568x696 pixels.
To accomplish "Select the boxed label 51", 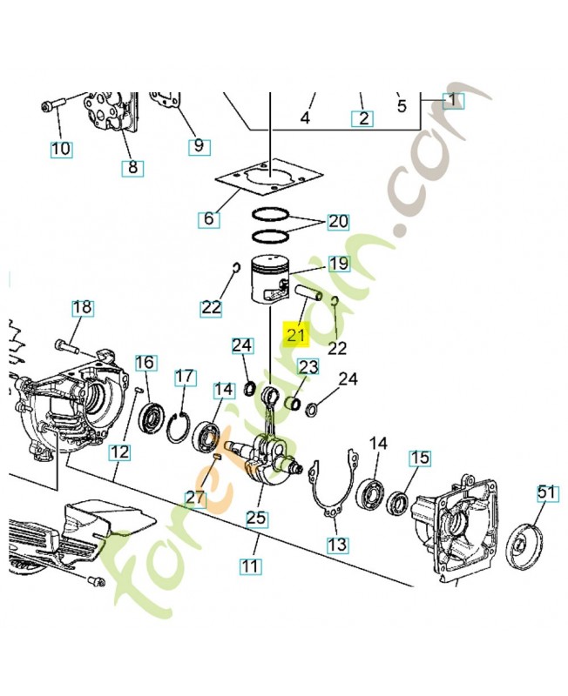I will pyautogui.click(x=545, y=493).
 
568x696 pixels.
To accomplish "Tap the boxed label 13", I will pyautogui.click(x=337, y=545).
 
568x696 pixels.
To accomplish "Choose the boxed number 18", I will pyautogui.click(x=82, y=308).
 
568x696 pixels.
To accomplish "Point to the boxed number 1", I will pyautogui.click(x=453, y=100).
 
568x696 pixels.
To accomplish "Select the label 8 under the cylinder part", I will pyautogui.click(x=132, y=167).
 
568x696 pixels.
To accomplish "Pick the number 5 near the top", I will pyautogui.click(x=402, y=107).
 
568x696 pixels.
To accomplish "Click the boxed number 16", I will pyautogui.click(x=145, y=362).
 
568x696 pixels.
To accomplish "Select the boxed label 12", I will pyautogui.click(x=119, y=452).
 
